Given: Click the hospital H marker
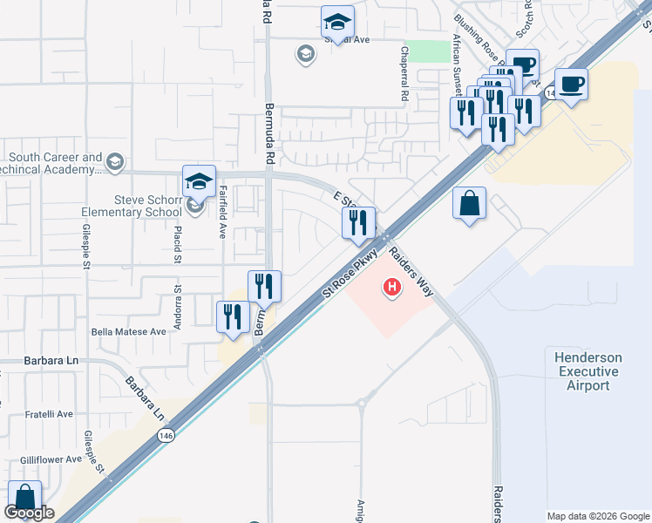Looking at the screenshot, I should pyautogui.click(x=392, y=286).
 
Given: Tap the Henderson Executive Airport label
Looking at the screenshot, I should pyautogui.click(x=587, y=371).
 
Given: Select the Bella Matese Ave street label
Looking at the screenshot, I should pyautogui.click(x=128, y=332).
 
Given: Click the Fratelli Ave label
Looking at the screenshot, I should pyautogui.click(x=49, y=414).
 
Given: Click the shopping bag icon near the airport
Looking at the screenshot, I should pyautogui.click(x=470, y=204).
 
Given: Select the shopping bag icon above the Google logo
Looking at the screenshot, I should pyautogui.click(x=25, y=497).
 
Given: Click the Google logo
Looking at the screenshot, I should pyautogui.click(x=29, y=513).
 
